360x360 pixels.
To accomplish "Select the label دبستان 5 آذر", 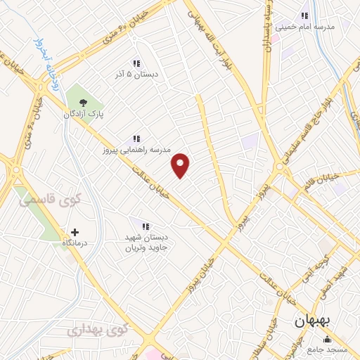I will pos(130,72).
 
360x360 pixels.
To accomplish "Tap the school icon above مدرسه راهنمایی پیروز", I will pos(137,139).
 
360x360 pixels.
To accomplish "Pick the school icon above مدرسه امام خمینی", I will pos(304,15).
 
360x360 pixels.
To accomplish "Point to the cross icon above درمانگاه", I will pos(75,231).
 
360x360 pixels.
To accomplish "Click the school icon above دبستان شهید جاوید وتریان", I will pos(146,226).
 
